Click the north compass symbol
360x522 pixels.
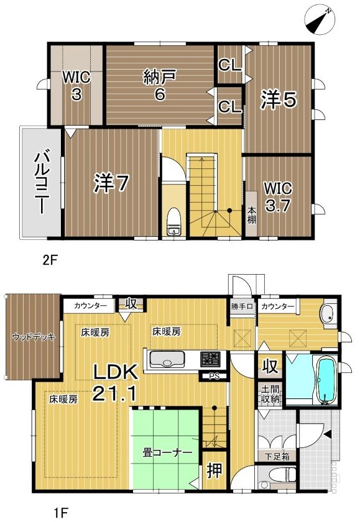point(319,21)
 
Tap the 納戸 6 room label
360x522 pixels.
point(160,86)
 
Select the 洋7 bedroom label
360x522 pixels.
point(111,183)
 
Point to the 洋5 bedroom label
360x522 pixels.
point(278,100)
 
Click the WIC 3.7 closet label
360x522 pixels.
point(278,197)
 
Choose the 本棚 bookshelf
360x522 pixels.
point(251,214)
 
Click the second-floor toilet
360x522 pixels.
point(173,222)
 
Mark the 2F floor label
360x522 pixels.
point(50,260)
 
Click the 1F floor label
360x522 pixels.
point(60,511)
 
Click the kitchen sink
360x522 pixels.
point(167,360)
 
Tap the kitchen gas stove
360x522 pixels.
point(210,359)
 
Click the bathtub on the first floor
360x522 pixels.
point(325,380)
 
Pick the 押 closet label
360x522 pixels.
point(215,471)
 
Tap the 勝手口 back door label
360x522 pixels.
point(242,306)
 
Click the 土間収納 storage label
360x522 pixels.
point(270,395)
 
